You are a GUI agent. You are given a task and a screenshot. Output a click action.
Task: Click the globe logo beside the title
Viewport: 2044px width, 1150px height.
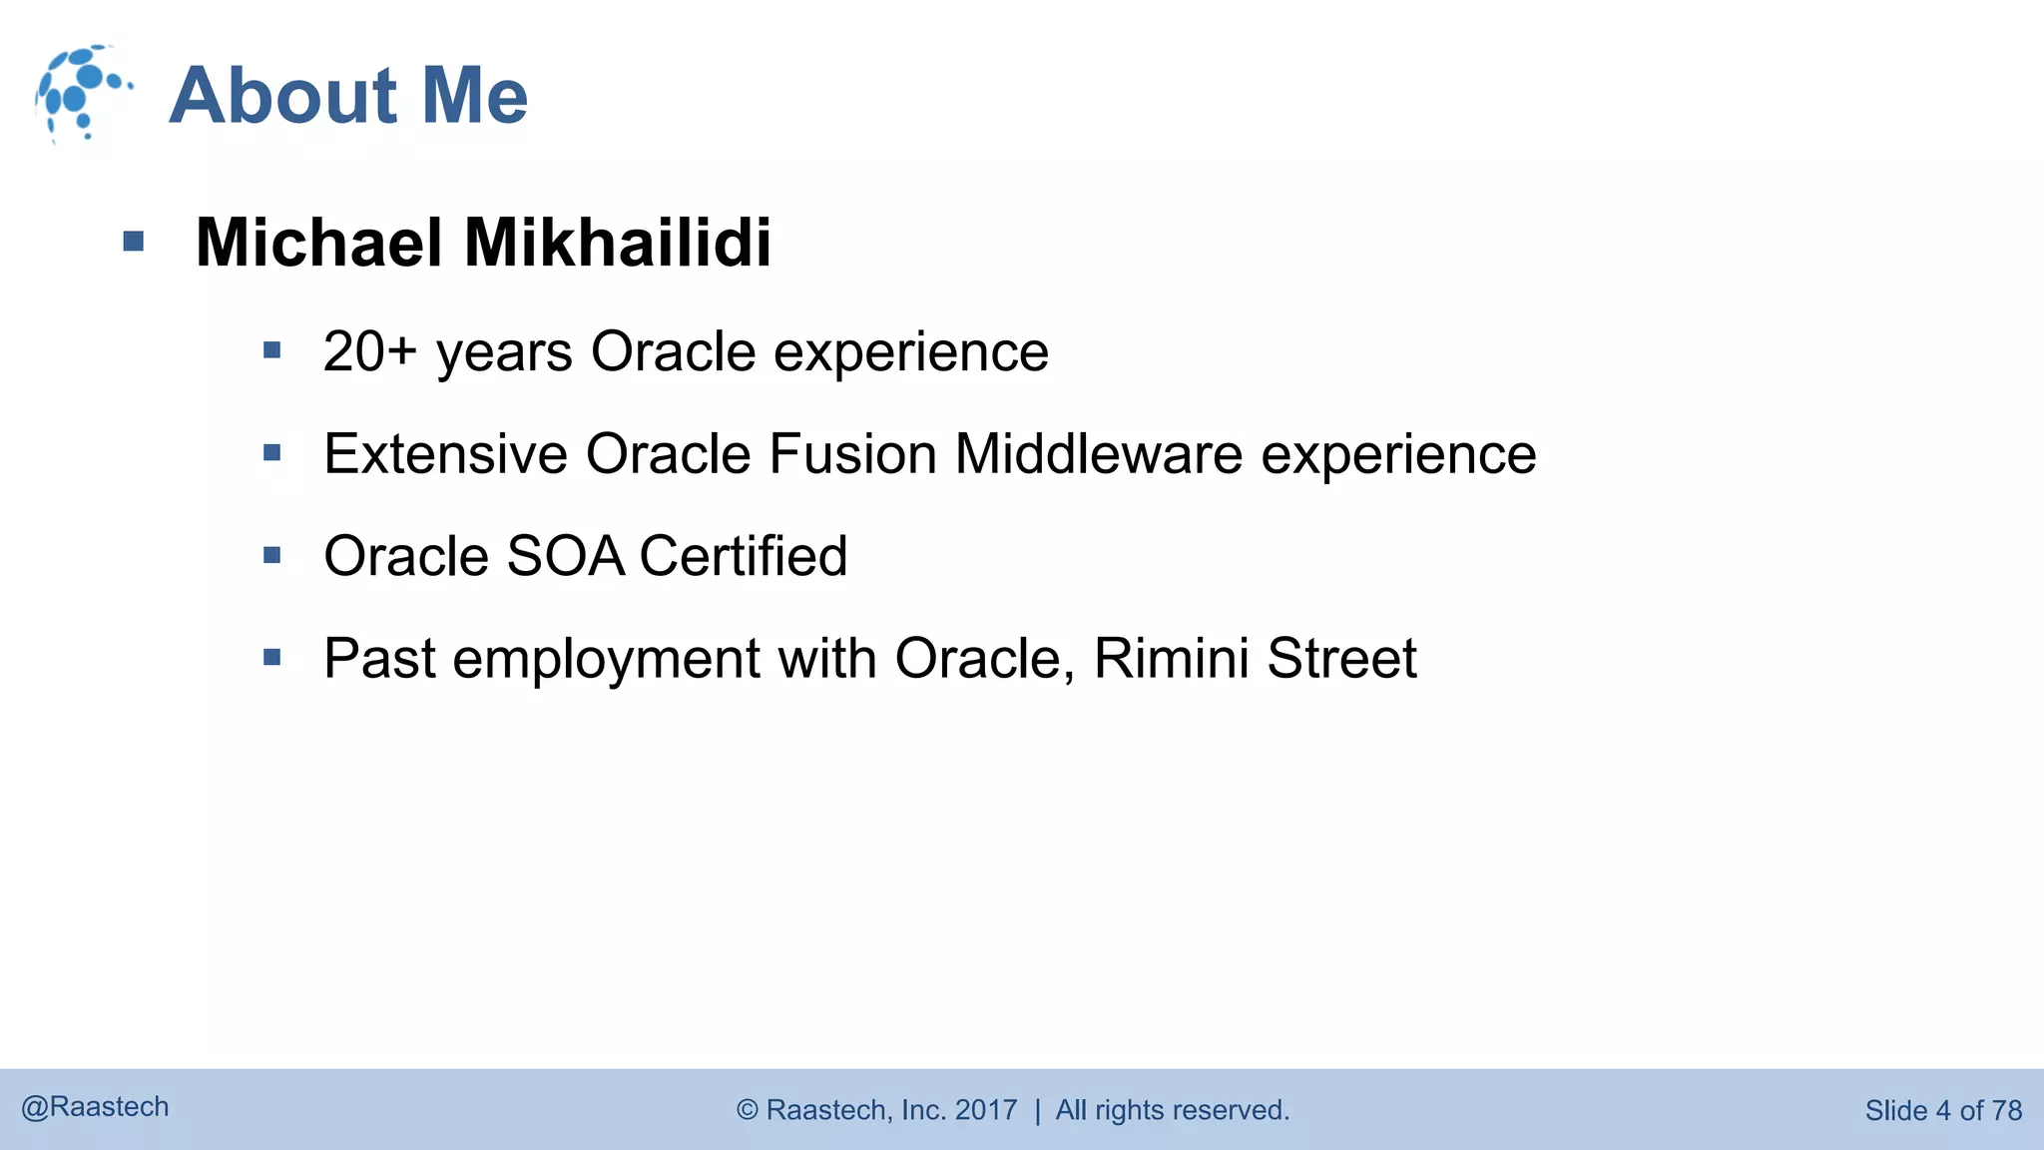82,93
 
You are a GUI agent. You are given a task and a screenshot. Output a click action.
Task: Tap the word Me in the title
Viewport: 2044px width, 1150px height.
474,96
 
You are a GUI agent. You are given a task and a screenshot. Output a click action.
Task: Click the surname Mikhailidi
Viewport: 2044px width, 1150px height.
618,243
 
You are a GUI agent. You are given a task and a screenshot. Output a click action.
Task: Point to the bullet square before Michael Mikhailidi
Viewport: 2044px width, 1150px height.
134,242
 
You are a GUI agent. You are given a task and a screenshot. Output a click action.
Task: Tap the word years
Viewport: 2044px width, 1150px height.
504,353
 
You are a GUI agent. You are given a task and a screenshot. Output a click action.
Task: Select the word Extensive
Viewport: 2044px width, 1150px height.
445,454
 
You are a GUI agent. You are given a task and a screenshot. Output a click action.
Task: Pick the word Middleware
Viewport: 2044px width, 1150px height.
1098,454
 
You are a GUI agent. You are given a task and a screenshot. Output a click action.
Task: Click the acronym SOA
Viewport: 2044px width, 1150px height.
565,556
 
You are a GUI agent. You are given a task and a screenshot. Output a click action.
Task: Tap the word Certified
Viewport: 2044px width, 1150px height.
744,556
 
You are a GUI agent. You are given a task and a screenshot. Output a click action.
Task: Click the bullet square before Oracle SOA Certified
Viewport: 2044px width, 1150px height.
272,555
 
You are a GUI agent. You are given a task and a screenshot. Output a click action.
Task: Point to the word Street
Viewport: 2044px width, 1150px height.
1341,659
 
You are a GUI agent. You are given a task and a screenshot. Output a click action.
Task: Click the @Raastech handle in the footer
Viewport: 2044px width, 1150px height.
95,1107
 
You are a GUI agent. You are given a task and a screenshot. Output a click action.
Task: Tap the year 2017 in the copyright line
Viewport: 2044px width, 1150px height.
985,1110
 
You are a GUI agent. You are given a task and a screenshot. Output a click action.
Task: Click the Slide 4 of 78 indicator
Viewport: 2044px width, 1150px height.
1942,1110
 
